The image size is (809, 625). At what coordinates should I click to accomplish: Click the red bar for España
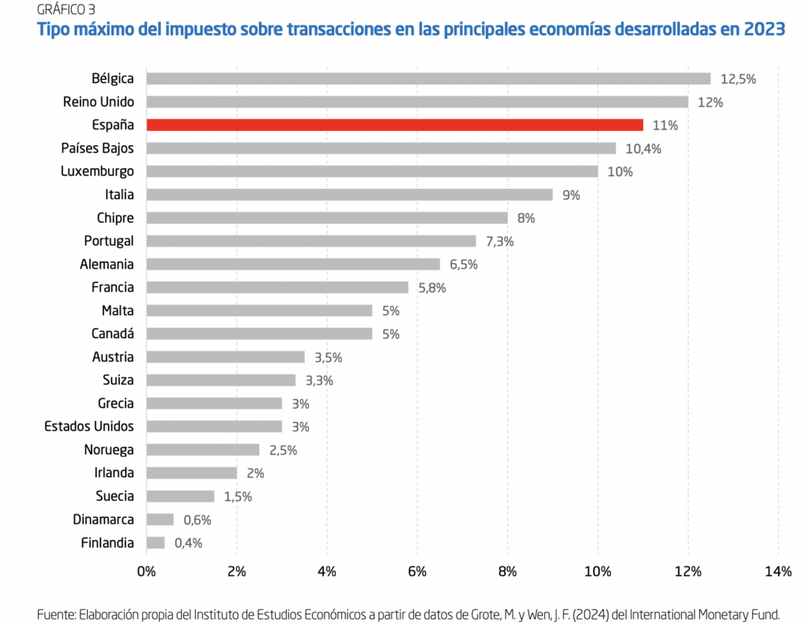click(395, 125)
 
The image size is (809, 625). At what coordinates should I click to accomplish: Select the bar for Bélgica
click(428, 78)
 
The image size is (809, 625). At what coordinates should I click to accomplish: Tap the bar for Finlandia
click(156, 543)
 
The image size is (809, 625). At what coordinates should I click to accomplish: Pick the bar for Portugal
click(311, 241)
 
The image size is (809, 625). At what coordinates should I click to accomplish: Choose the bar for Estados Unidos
click(214, 427)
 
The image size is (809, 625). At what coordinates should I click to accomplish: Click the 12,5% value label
click(739, 79)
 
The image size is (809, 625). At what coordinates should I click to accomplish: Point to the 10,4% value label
click(643, 149)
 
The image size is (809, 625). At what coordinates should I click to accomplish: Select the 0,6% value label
click(199, 520)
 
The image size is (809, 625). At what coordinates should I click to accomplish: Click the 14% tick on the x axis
click(777, 571)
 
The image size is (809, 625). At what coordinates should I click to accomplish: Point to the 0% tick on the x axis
click(146, 571)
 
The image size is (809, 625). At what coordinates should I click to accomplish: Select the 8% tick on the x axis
click(507, 571)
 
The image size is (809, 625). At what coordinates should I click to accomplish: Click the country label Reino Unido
click(99, 102)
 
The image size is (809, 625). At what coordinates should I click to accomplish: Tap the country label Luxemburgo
click(97, 171)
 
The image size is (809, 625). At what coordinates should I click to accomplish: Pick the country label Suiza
click(118, 380)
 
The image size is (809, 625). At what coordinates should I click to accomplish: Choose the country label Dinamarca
click(103, 520)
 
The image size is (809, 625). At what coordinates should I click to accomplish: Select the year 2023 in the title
click(764, 30)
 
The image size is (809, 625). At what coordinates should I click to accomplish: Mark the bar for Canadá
click(259, 334)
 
